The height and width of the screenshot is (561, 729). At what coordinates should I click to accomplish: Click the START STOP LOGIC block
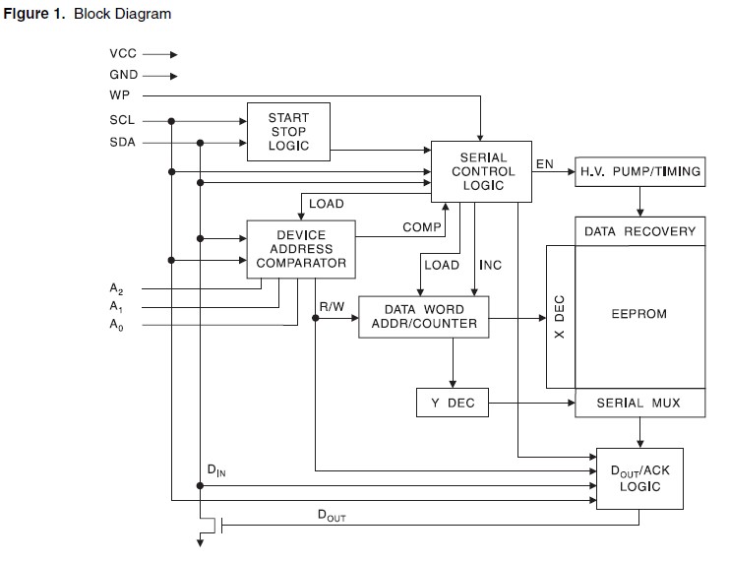point(288,132)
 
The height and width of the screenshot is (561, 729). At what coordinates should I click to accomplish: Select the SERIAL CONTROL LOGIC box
point(482,171)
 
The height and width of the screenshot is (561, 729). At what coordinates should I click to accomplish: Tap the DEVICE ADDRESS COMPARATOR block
point(300,249)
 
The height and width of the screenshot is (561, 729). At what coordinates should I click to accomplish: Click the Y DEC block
point(453,403)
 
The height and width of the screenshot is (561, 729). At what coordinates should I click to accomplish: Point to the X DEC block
point(560,317)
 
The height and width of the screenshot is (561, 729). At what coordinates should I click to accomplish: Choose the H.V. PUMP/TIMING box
point(640,171)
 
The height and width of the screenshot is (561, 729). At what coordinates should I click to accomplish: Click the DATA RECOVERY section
point(639,231)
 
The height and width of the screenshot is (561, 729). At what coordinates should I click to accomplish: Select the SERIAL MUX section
point(639,403)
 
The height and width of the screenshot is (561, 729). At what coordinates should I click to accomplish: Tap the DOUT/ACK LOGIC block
point(639,478)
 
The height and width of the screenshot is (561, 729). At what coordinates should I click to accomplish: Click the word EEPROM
point(639,315)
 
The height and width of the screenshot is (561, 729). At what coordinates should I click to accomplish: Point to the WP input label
point(120,95)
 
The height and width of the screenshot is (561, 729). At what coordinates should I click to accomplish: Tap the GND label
point(123,75)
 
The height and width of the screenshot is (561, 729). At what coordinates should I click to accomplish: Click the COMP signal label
point(421,227)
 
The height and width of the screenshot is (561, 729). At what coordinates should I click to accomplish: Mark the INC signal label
point(490,266)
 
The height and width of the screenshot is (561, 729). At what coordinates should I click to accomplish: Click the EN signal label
point(544,162)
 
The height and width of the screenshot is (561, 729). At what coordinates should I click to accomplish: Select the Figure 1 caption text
point(88,14)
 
